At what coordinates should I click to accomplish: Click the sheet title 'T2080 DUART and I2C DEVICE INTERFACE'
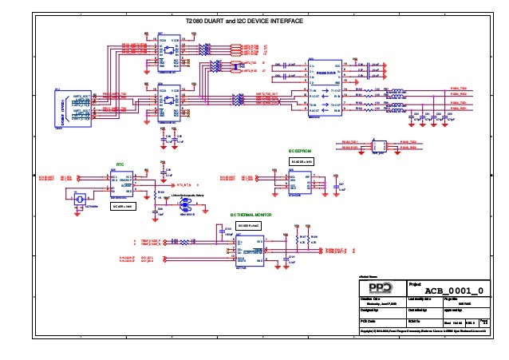pos(244,22)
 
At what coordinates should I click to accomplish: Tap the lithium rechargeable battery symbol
pos(190,204)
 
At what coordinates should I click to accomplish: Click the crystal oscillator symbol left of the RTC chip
pos(77,199)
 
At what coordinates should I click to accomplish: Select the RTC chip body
pos(122,183)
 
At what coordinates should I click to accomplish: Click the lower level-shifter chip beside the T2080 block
pos(168,105)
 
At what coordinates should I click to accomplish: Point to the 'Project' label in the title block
pos(415,283)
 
